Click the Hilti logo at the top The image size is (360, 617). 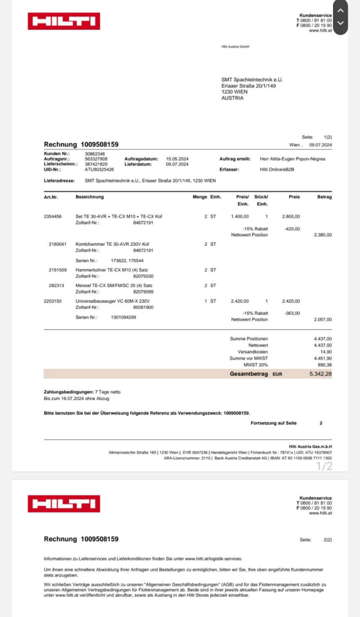point(64,21)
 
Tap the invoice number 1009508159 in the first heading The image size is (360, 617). point(99,144)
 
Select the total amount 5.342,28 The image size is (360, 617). point(320,374)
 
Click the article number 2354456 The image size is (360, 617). point(53,216)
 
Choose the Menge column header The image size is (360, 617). point(200,197)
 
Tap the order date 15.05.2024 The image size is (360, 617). point(178,159)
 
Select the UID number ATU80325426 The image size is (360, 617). point(99,170)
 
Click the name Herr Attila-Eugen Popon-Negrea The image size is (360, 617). point(292,159)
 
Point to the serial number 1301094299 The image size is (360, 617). point(123,317)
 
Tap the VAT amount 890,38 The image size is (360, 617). point(324,365)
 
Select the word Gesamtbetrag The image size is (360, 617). point(248,374)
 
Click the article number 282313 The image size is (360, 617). point(58,285)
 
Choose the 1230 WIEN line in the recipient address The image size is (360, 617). point(234,92)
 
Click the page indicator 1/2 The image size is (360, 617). point(324,466)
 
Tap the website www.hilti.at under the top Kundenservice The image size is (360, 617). point(320,30)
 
